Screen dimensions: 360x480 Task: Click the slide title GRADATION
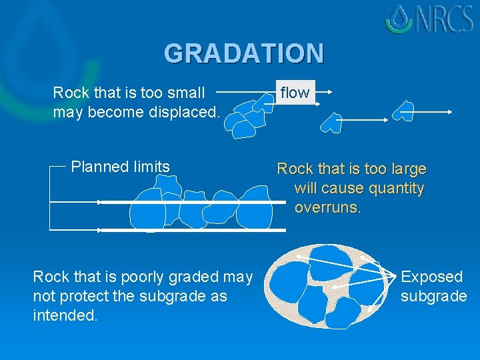[x=244, y=53]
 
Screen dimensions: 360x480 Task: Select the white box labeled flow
[x=295, y=93]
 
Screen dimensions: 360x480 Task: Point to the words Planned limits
[x=121, y=167]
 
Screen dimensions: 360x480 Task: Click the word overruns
[x=327, y=207]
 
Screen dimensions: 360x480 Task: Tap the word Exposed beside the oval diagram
[x=431, y=277]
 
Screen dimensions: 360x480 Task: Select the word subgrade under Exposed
[x=433, y=296]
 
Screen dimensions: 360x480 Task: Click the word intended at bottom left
[x=65, y=315]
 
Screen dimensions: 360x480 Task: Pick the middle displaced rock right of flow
[x=331, y=122]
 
